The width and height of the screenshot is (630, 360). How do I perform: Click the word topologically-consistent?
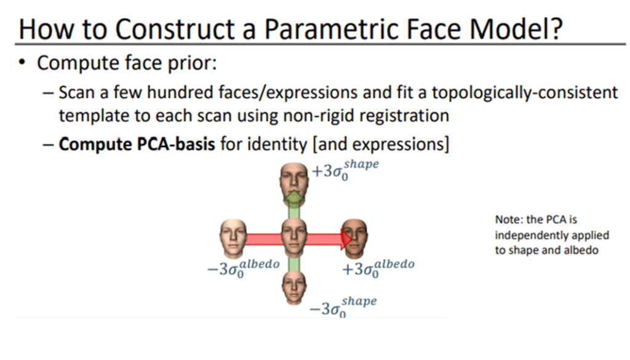(525, 93)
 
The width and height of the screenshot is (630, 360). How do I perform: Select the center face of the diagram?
(294, 238)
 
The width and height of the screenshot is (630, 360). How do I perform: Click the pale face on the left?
(233, 239)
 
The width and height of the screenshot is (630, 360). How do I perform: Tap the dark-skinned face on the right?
(355, 239)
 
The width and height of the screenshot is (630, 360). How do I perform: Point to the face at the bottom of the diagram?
(294, 287)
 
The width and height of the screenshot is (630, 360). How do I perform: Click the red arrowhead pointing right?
(346, 239)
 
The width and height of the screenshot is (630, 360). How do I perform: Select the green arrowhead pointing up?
(294, 196)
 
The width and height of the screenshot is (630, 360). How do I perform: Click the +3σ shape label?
(345, 170)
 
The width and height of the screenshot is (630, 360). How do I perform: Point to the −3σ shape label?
(343, 307)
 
